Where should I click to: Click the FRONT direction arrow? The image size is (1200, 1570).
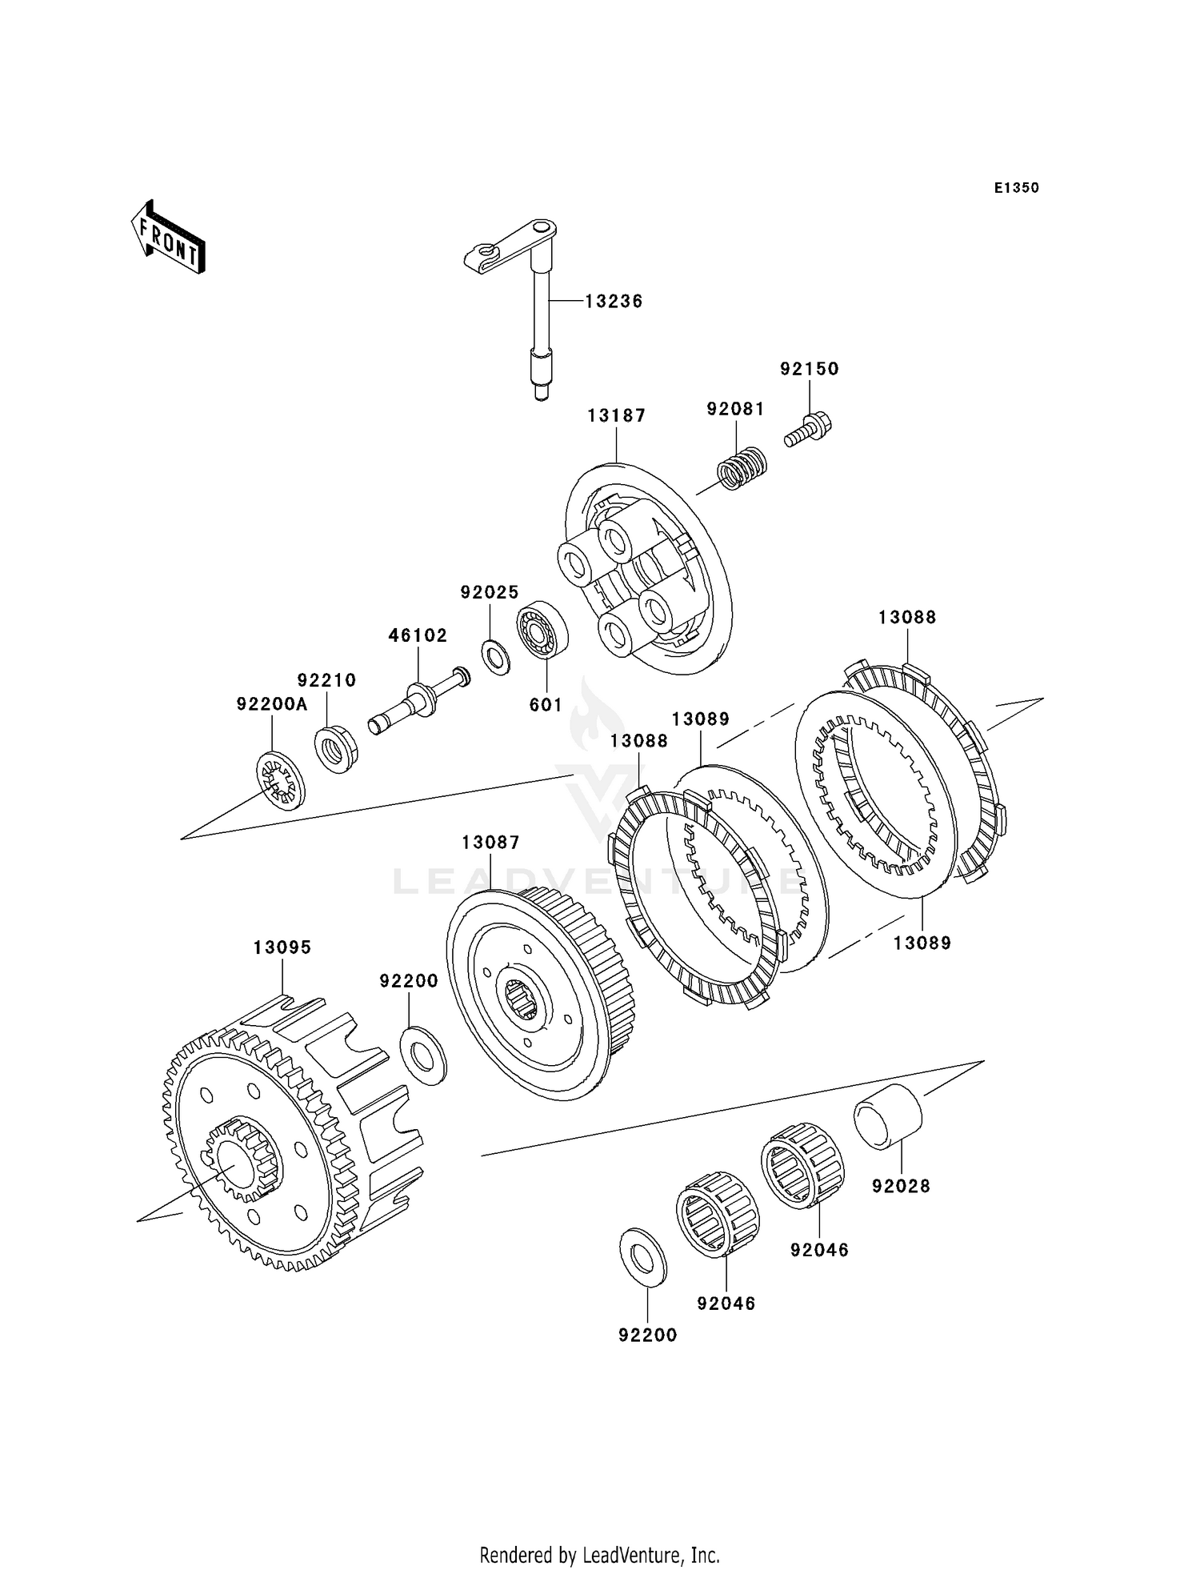(168, 238)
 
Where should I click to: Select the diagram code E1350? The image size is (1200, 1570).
(1017, 188)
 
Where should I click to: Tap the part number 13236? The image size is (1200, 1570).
(614, 302)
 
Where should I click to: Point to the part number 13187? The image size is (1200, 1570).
(616, 415)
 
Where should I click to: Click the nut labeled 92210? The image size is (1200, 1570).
(336, 748)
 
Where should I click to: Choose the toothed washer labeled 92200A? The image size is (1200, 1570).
(280, 781)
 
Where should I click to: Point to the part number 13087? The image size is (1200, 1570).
(490, 843)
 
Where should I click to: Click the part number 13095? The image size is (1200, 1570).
(282, 947)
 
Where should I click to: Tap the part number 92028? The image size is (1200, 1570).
(902, 1187)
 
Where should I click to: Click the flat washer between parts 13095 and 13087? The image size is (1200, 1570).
(423, 1056)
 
